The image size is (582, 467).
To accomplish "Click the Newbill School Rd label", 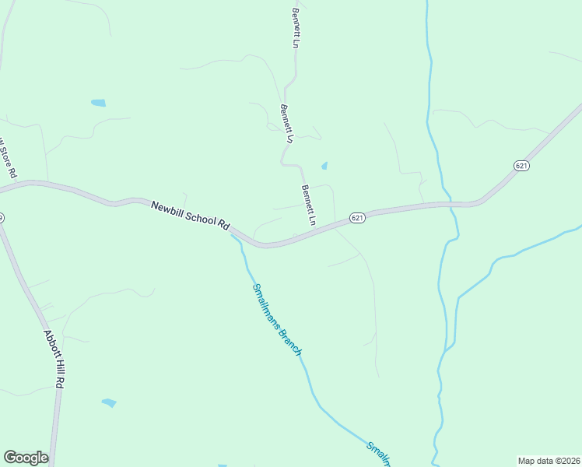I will point(191,215).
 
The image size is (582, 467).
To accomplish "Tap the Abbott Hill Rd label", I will point(53,358).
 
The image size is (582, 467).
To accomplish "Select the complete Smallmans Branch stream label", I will point(276,319).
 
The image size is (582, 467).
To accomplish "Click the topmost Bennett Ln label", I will point(296,28).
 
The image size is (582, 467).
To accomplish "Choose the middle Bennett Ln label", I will point(286,123).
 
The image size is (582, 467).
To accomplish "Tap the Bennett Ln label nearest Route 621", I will point(308,205).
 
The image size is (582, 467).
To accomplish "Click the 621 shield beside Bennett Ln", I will point(357,218).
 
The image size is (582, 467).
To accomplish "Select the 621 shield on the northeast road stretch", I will point(521,166).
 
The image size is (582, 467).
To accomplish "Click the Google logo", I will point(26,458).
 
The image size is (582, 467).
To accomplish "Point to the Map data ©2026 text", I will point(549,460).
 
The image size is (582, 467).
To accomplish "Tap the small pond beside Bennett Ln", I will point(324,166).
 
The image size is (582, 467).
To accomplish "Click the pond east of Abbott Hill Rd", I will point(109,402).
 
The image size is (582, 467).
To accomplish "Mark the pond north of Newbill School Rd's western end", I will point(98,103).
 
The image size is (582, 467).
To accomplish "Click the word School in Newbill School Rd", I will point(200,218).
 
